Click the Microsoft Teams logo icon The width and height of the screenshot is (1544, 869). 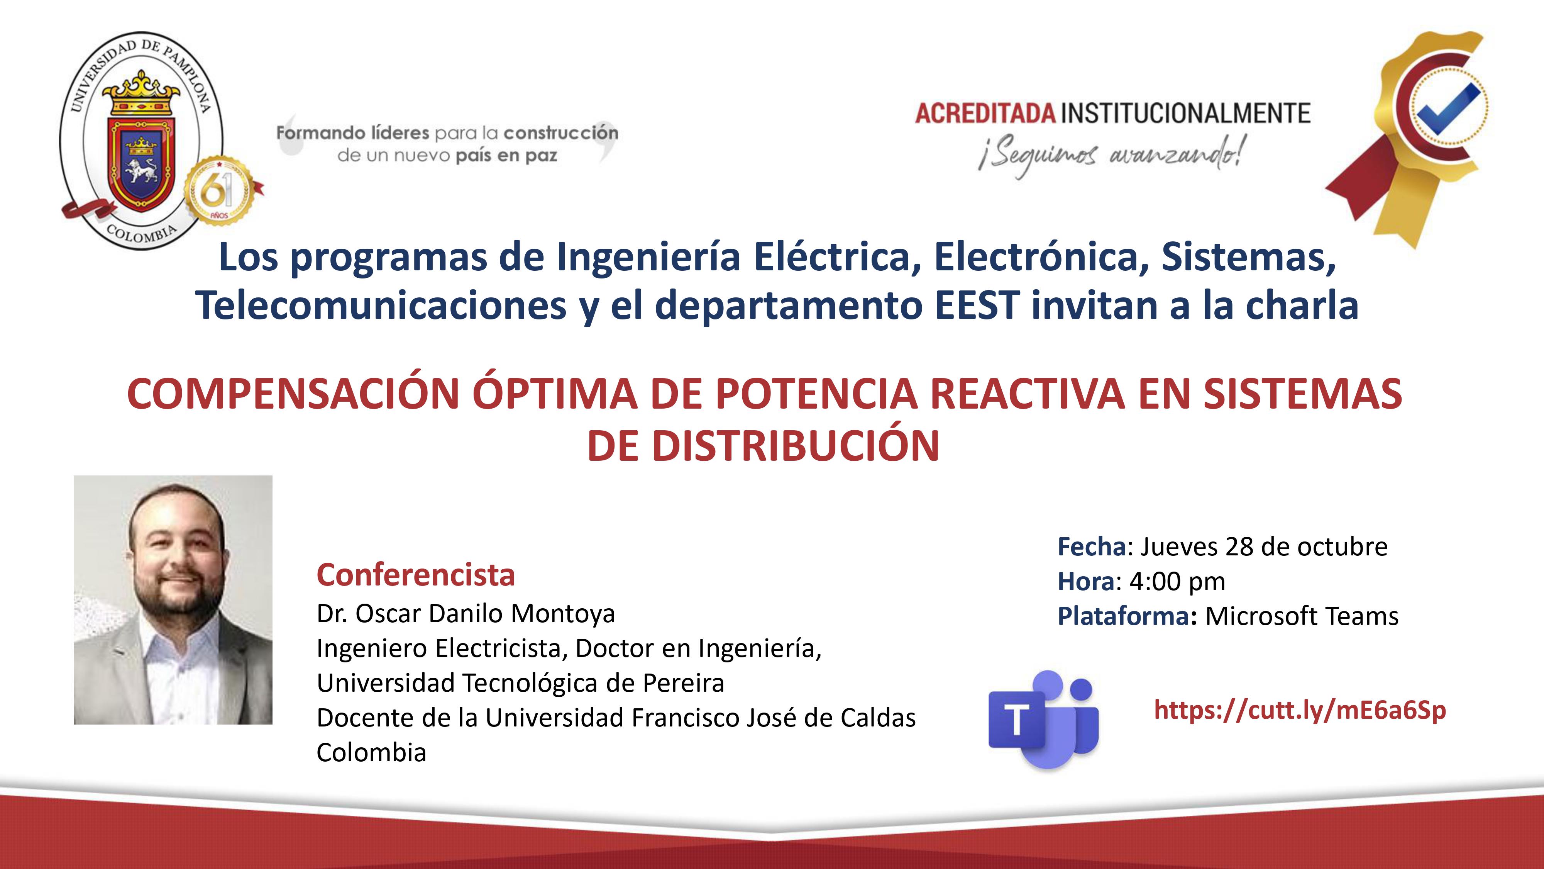[x=1043, y=719]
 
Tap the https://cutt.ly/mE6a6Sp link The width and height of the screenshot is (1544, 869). [x=1300, y=711]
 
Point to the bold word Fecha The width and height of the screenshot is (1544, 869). [x=1092, y=547]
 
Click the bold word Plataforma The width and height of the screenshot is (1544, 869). [x=1124, y=616]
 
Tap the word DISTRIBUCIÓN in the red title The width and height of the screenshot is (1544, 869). [x=796, y=446]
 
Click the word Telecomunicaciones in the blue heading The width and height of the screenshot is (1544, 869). [x=381, y=305]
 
